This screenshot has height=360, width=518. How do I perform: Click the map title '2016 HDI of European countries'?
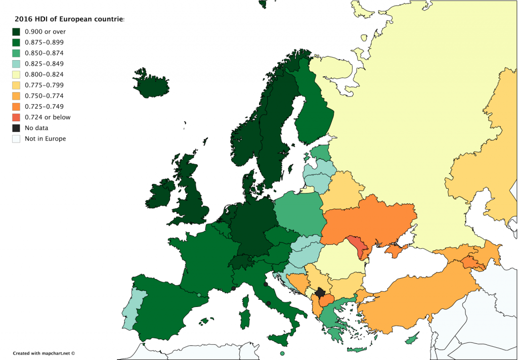69,20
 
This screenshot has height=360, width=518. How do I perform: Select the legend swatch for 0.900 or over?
16,31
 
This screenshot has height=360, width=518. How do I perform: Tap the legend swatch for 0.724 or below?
16,117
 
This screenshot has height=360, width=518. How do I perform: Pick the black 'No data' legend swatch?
16,128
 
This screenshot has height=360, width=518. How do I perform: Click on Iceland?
150,84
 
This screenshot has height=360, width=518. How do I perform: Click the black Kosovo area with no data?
320,292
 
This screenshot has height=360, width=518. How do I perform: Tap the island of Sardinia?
244,320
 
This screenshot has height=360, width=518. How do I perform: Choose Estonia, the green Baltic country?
320,152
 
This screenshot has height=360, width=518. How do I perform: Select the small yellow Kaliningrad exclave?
307,190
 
